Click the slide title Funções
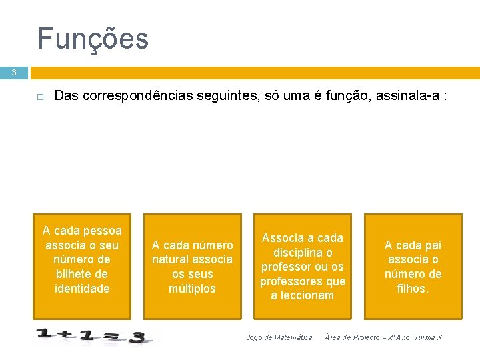[x=93, y=39]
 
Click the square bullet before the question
[x=40, y=97]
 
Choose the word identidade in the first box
[x=82, y=288]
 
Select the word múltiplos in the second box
[x=192, y=289]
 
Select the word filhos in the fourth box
[x=411, y=289]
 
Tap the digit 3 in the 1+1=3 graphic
[x=137, y=338]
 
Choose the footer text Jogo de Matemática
[x=279, y=337]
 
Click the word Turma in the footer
[x=425, y=337]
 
